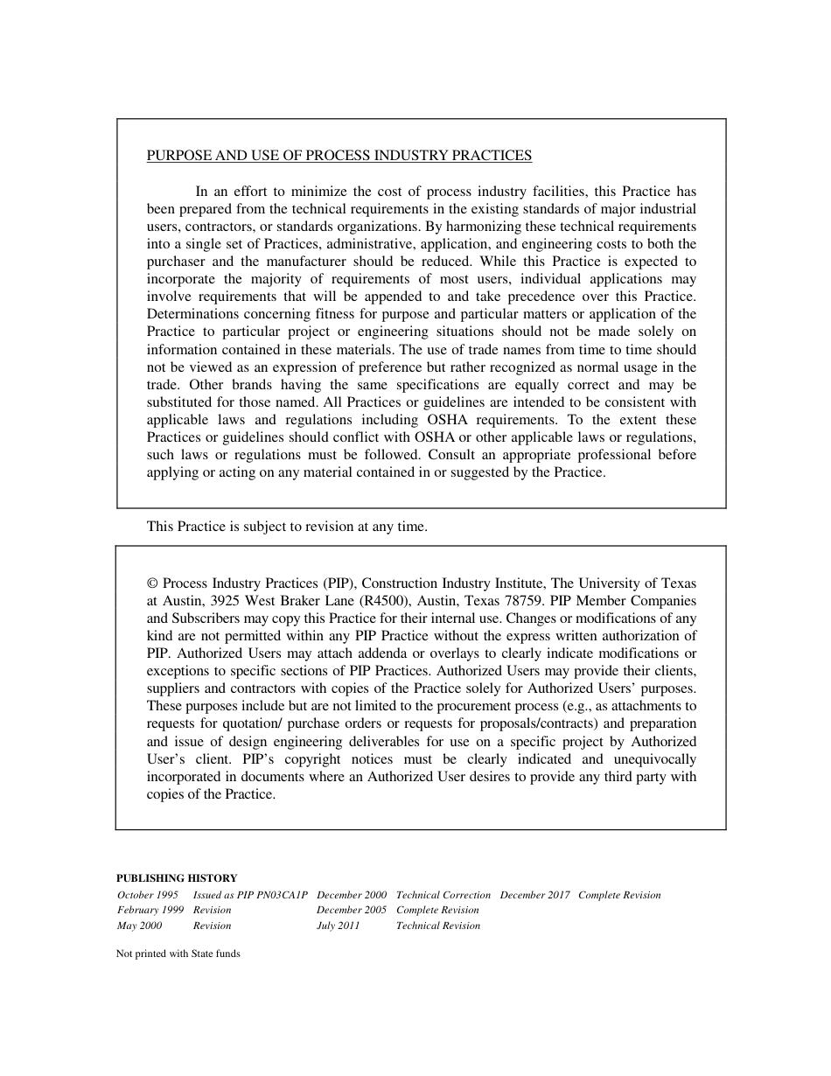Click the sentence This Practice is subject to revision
287,527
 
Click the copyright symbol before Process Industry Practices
152,583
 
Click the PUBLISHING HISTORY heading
177,878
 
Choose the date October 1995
148,895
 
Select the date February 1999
150,910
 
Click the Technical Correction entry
443,895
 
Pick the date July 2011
338,926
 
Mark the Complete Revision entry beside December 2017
619,895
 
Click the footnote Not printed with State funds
178,954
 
